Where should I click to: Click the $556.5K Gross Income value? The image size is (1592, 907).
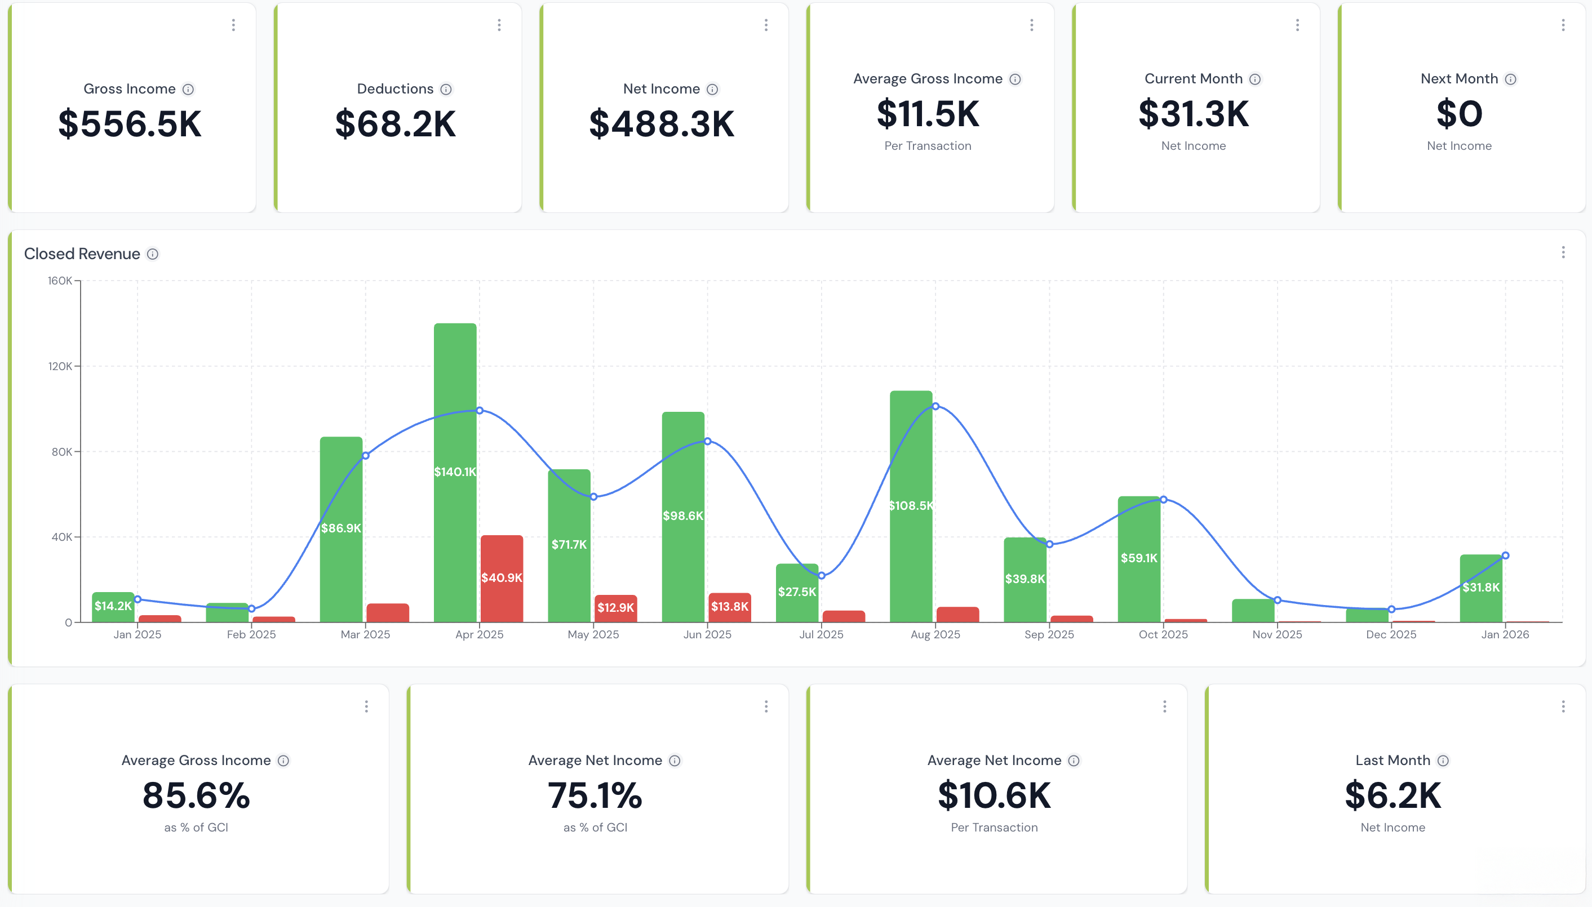[130, 124]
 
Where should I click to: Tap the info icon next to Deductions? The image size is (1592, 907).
[446, 89]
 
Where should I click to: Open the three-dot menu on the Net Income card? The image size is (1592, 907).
[766, 25]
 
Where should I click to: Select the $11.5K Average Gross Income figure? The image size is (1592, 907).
[928, 114]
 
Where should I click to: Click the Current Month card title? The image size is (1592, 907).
[1193, 78]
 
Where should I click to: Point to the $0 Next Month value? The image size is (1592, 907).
[1458, 114]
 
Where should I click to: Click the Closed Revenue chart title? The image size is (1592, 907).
[82, 254]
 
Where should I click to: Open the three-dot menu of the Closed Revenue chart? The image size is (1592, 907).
[1563, 252]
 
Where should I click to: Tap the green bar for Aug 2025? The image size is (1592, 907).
[911, 499]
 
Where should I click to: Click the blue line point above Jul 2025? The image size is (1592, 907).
[821, 576]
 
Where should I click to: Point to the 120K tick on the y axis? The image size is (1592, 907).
[60, 366]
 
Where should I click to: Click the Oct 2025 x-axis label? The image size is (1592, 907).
[1163, 634]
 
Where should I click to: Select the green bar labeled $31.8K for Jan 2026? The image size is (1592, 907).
[1480, 587]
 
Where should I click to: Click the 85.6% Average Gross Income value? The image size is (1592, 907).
[196, 795]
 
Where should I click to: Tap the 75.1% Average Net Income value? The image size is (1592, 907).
[595, 795]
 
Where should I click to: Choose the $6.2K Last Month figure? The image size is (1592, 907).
[1392, 795]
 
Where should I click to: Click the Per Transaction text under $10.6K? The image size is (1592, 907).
[994, 827]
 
